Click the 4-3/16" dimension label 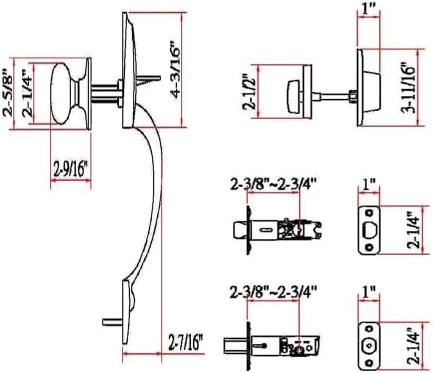pos(177,70)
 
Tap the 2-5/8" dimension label pos(8,94)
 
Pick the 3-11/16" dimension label pos(408,88)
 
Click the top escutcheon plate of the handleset pos(128,70)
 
